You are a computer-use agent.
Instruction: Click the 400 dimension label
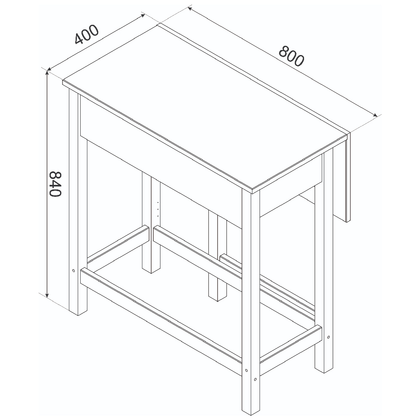87,34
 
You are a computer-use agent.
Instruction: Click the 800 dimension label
291,56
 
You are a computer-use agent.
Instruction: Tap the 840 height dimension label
55,184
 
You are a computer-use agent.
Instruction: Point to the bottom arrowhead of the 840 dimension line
47,295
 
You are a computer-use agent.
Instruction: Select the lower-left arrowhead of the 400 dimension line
49,70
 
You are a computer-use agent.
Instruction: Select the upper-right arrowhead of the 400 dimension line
142,15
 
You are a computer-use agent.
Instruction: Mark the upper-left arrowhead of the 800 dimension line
190,9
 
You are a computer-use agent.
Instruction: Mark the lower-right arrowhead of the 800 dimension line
375,115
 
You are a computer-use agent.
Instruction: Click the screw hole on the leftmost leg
73,270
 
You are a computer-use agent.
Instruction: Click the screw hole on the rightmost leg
328,337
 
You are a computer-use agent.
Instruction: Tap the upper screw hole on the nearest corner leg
246,371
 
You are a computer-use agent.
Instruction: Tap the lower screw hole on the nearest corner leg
255,379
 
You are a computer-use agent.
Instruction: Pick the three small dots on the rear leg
158,209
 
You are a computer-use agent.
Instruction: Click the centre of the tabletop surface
205,107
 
